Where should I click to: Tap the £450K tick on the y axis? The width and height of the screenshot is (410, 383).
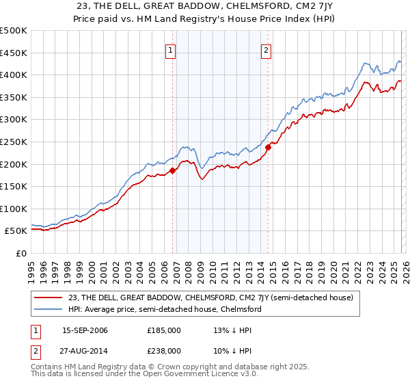click(x=14, y=53)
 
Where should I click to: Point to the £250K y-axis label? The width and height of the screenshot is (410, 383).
click(x=14, y=142)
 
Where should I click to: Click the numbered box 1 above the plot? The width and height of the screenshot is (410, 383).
click(x=170, y=49)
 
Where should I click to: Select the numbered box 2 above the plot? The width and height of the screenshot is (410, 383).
click(x=265, y=49)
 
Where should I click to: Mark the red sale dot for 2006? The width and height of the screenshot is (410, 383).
click(x=172, y=171)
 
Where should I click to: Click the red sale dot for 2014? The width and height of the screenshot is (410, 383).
click(x=269, y=146)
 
